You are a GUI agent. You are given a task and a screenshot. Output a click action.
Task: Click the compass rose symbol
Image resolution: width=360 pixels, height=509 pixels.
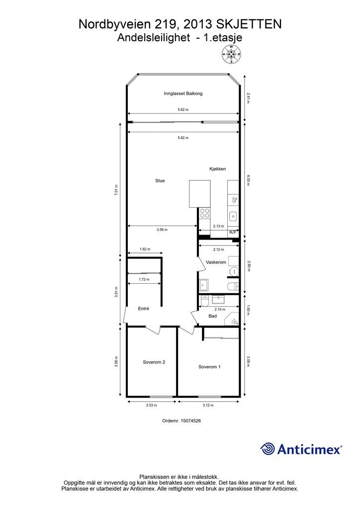[x=231, y=54]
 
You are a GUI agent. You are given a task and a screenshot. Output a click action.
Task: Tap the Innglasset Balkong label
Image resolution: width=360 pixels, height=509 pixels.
[x=183, y=93]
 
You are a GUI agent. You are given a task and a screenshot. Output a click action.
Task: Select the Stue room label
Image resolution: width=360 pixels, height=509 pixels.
[x=160, y=181]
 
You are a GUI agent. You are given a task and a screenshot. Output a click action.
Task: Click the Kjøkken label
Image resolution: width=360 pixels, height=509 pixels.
[x=217, y=169]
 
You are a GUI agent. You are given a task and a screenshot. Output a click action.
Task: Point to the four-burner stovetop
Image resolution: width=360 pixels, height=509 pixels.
[x=204, y=213]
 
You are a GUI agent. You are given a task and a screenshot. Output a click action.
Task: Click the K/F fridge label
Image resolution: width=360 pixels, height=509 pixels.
[x=233, y=232]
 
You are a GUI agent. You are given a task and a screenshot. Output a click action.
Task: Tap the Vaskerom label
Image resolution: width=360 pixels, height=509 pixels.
[x=215, y=262]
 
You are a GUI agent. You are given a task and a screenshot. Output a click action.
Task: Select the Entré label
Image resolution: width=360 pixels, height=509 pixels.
[x=144, y=309]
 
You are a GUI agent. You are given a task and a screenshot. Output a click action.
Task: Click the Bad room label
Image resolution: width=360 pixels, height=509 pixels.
[x=213, y=316]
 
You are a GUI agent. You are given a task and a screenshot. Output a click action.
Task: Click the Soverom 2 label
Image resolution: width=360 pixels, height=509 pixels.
[x=154, y=362]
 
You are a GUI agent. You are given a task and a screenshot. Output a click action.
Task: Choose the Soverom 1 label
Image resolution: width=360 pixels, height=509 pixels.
[x=209, y=367]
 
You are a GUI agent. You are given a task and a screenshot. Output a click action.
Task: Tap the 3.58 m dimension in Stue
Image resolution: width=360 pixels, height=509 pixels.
[x=162, y=230]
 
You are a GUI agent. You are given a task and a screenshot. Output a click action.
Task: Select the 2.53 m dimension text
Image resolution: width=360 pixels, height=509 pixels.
[x=151, y=405]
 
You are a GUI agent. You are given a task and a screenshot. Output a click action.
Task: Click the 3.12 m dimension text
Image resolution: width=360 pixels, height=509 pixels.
[x=208, y=405]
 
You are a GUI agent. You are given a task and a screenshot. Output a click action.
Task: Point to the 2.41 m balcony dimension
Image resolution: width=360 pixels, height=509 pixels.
[x=248, y=98]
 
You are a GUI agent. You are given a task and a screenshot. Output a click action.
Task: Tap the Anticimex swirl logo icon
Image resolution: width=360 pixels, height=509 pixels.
[x=268, y=449]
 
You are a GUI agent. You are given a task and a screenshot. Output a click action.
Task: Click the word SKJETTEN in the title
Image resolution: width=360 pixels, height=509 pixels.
[x=249, y=24]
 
